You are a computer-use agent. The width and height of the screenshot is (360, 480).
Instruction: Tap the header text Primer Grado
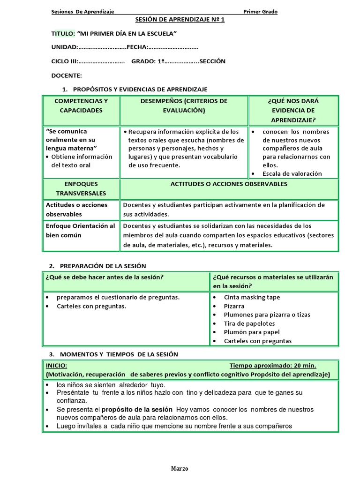(260, 12)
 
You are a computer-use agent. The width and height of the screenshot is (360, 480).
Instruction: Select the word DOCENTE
(67, 75)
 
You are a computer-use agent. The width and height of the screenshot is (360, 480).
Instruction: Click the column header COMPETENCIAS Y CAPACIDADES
(81, 105)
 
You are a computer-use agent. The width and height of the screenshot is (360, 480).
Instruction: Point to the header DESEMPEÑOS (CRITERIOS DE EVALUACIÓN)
(184, 105)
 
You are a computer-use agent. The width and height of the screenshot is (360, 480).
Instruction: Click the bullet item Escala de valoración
(292, 173)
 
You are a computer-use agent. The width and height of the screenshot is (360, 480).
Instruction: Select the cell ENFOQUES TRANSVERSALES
(81, 188)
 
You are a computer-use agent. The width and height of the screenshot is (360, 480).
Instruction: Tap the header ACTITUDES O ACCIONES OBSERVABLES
(229, 184)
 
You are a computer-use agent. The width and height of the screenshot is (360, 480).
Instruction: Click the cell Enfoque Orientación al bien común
(80, 231)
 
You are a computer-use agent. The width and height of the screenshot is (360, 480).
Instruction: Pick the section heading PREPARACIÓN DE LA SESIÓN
(103, 266)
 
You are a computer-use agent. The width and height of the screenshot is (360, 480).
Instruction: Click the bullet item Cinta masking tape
(252, 297)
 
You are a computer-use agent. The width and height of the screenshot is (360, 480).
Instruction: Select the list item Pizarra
(234, 306)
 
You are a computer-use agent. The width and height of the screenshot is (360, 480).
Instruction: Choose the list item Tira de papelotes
(249, 323)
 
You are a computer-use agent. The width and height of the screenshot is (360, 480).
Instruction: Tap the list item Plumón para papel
(252, 332)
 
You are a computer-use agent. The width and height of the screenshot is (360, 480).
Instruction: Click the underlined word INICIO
(56, 365)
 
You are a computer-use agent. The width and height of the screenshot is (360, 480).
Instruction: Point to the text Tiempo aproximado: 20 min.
(273, 365)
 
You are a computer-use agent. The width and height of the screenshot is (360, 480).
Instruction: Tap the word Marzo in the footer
(180, 469)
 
